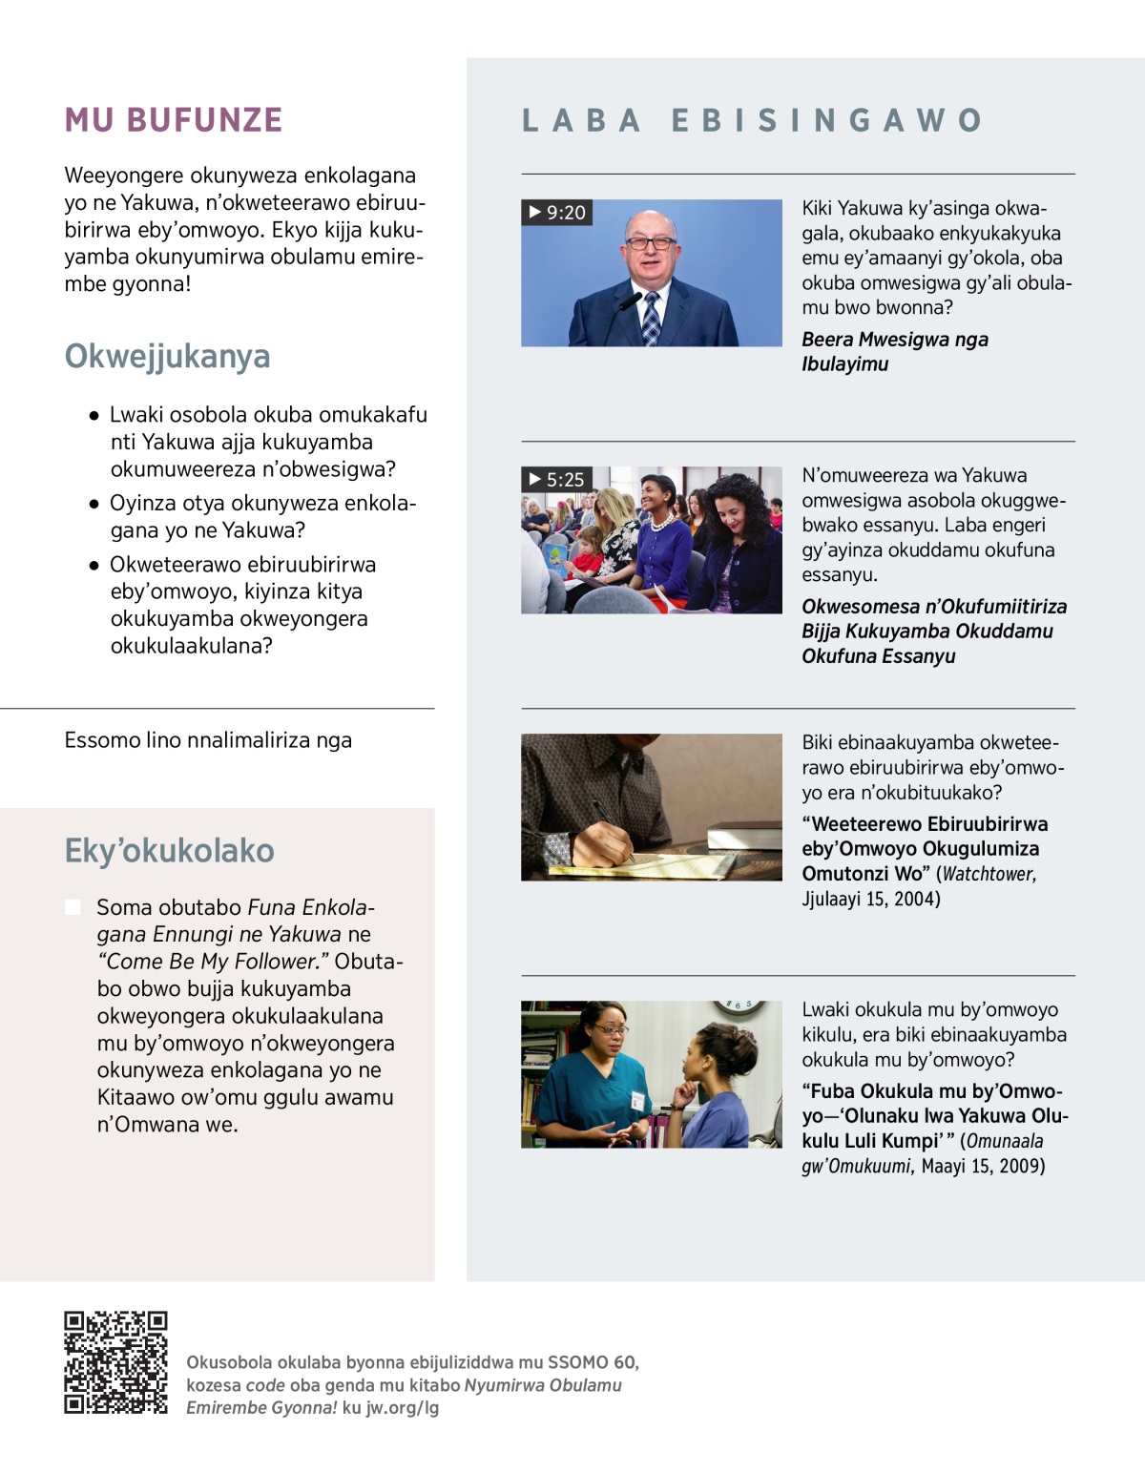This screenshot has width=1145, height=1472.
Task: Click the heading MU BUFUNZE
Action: [x=174, y=120]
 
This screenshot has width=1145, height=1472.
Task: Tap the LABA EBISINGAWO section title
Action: [x=752, y=120]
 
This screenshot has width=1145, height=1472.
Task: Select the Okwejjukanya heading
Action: [x=167, y=356]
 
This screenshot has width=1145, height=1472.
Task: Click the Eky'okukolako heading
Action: [x=169, y=850]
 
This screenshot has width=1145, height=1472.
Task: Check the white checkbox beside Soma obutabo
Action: [x=73, y=906]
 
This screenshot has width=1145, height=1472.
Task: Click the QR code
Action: [x=115, y=1361]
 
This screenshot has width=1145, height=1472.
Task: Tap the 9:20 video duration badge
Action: [x=557, y=212]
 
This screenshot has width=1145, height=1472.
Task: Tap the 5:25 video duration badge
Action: [x=557, y=479]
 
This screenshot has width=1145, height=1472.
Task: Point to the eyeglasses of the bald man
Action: [x=650, y=243]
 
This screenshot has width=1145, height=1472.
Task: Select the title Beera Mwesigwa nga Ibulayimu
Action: [x=894, y=351]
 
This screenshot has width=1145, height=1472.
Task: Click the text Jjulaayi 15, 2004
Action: [x=870, y=899]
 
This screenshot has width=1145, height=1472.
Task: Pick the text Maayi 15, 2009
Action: [x=983, y=1166]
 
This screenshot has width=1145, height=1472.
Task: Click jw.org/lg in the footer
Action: [x=402, y=1407]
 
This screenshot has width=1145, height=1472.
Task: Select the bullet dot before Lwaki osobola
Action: [x=94, y=415]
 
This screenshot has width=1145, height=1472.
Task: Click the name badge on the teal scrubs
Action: [x=636, y=1100]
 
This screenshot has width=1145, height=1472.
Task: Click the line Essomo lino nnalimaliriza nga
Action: [x=208, y=740]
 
